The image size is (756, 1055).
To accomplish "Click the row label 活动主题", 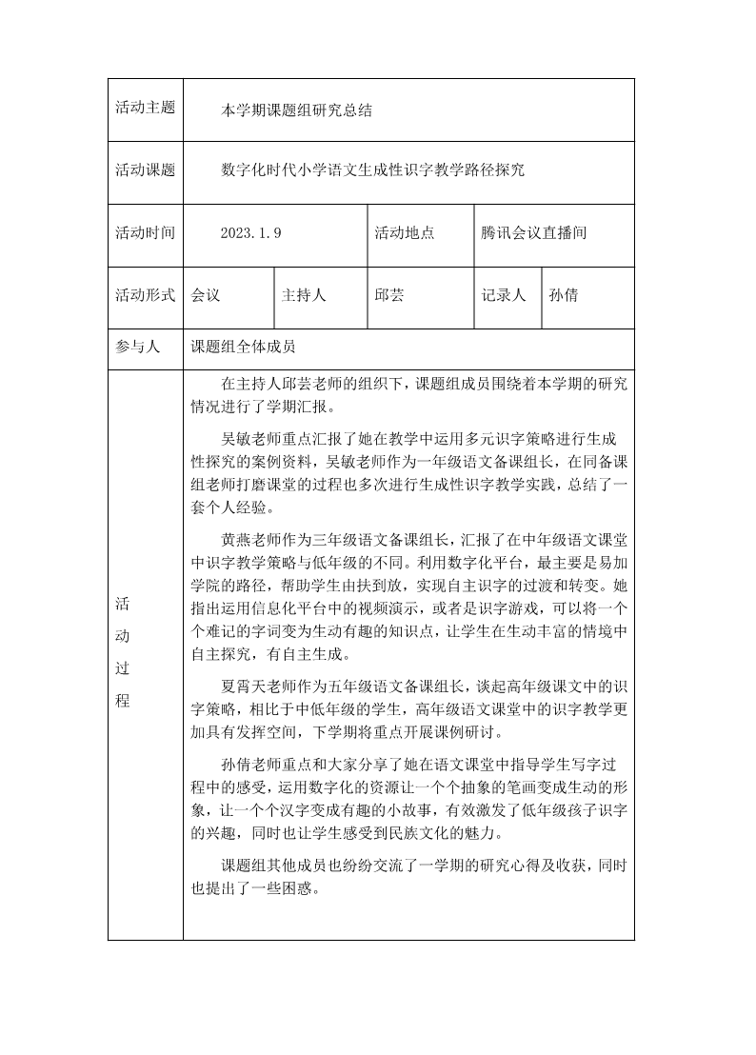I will (x=146, y=108).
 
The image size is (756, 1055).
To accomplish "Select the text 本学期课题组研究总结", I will (x=296, y=109).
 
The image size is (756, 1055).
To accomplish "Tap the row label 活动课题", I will (x=146, y=170).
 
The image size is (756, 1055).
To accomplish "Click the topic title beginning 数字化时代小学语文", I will (x=372, y=170).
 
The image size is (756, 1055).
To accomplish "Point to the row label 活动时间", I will (x=146, y=232).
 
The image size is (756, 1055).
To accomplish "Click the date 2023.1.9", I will (x=251, y=233).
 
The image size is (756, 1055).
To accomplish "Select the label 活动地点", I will (x=405, y=232).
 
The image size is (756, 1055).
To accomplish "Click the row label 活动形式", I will (x=146, y=295).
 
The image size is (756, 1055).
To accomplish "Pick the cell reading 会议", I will (x=206, y=295).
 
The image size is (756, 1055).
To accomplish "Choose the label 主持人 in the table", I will (x=304, y=295).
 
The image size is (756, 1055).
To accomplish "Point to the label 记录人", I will (x=504, y=295).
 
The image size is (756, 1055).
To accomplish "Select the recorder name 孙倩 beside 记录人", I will (x=564, y=295).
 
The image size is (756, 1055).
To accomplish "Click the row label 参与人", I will (x=138, y=348).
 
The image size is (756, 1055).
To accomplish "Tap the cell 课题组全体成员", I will (x=250, y=348).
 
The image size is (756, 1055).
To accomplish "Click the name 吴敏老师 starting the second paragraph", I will (x=250, y=439).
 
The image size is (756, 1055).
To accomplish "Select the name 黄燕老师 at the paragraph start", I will (x=250, y=537).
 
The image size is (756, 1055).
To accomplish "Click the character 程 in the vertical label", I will (x=123, y=701).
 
